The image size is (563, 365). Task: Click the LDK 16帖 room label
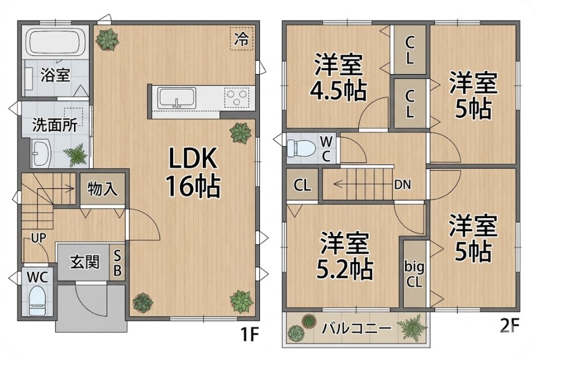coord(192,172)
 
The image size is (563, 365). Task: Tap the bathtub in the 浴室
coord(56,42)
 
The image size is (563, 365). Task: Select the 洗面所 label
coord(55,125)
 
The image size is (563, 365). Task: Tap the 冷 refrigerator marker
coord(242,38)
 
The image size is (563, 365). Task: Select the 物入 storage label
coord(103,188)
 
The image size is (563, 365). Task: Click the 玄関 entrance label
coord(85,262)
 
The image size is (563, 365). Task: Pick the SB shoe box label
coord(117,262)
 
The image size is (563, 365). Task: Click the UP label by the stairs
coord(38,238)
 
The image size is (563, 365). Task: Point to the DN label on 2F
coord(403,185)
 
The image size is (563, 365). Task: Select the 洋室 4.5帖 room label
coord(338,77)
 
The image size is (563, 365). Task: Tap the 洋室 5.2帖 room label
coord(344,256)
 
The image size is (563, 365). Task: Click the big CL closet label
coord(414,274)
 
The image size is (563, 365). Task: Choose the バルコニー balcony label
coord(356,328)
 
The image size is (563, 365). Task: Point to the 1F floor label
coord(249,335)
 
